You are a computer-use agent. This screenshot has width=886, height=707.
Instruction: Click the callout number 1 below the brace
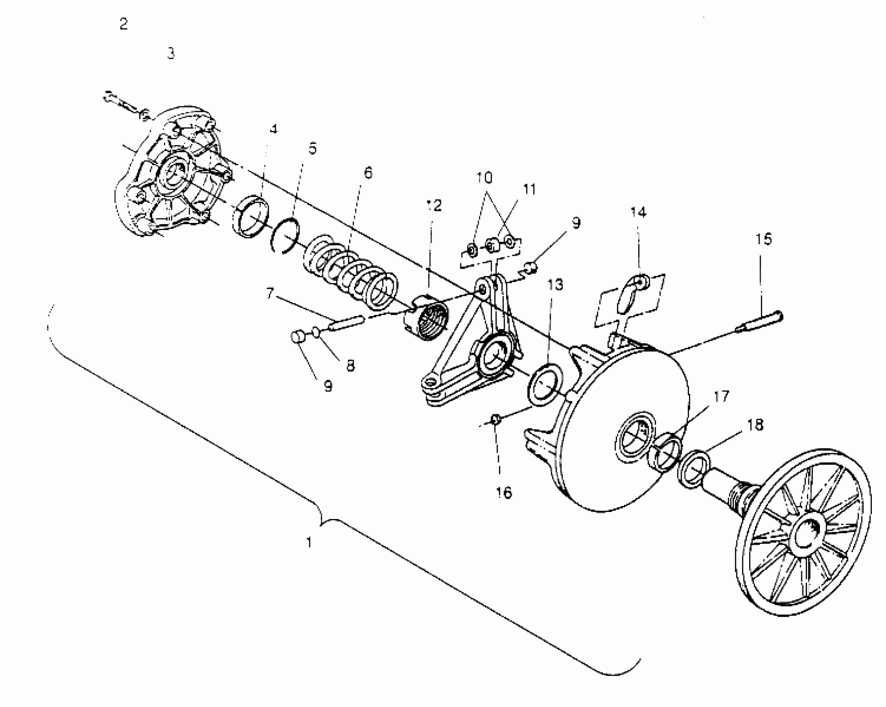pos(309,542)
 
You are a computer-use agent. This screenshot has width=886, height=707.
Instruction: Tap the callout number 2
pos(123,24)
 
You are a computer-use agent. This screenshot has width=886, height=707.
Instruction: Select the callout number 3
pos(171,53)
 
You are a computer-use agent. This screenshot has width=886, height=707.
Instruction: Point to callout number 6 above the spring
pos(368,173)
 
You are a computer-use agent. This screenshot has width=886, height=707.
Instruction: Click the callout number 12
pos(433,205)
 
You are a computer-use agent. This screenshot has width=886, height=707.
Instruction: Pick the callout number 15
pos(764,239)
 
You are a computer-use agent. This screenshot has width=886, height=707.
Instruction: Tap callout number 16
pos(504,493)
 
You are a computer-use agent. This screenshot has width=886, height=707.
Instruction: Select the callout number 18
pos(755,425)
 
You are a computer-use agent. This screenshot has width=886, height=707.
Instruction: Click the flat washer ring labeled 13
pos(545,383)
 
